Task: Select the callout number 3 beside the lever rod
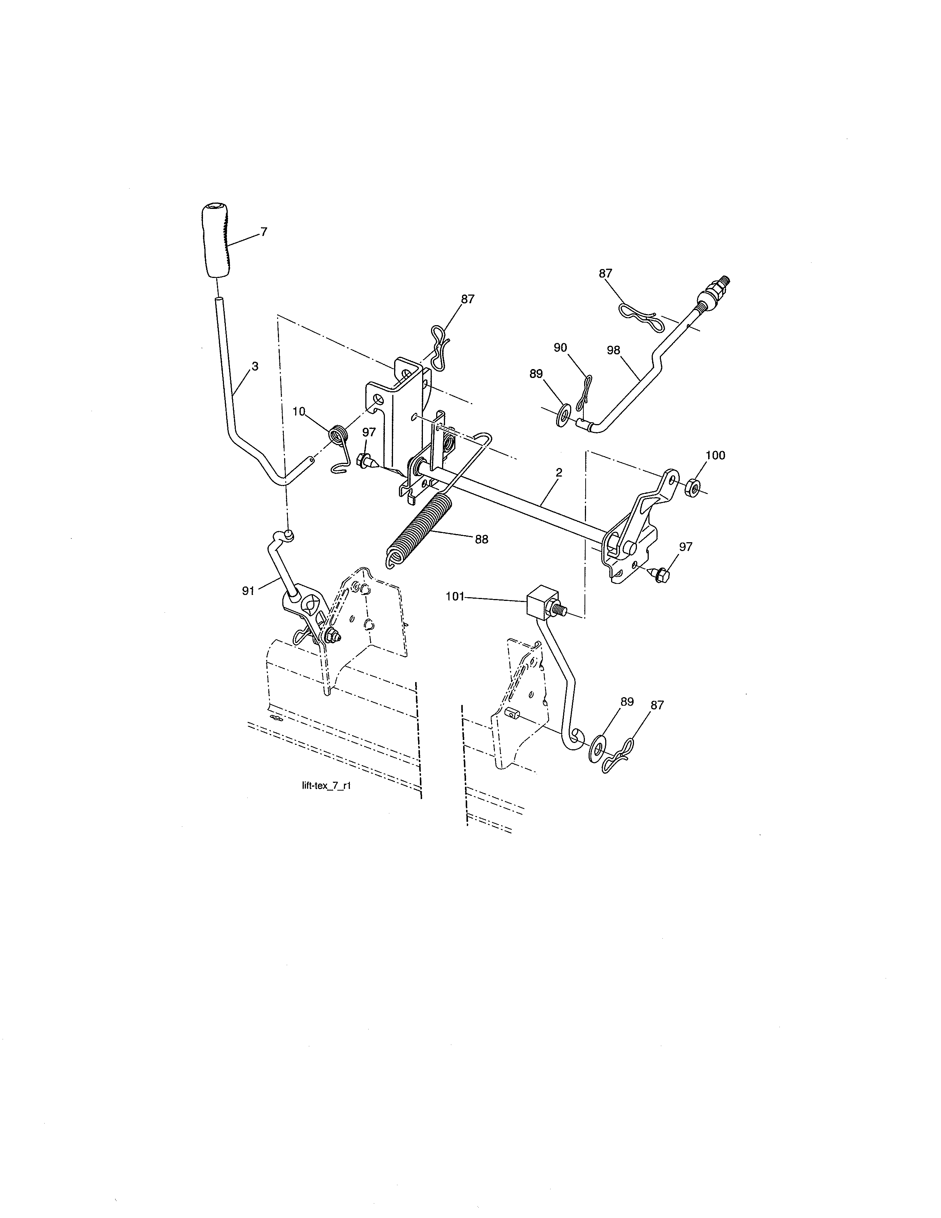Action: coord(255,367)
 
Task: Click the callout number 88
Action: coord(481,539)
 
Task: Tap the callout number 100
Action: coord(715,455)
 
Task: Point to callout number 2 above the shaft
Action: coord(559,472)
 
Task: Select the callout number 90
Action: coord(560,347)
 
